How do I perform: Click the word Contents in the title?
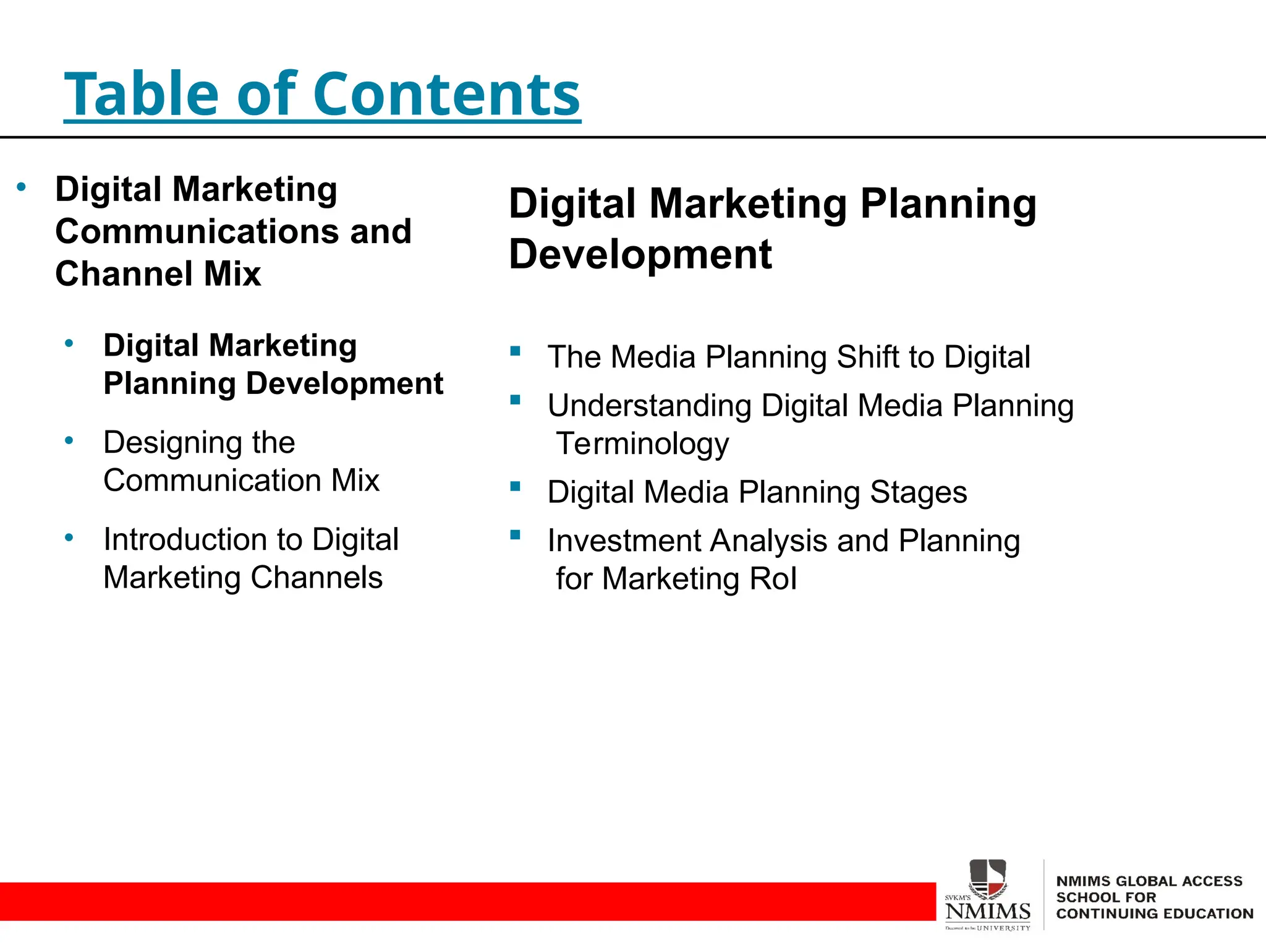[x=446, y=94]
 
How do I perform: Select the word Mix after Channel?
[x=232, y=273]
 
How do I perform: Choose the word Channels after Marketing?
[x=316, y=578]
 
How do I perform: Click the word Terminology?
[x=643, y=444]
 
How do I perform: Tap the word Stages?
[x=919, y=492]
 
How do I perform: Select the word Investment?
[x=625, y=541]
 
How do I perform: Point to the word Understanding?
[x=650, y=406]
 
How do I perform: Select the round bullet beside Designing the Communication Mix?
[x=69, y=440]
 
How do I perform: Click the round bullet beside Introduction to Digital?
[x=69, y=537]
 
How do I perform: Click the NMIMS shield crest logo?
[x=988, y=879]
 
